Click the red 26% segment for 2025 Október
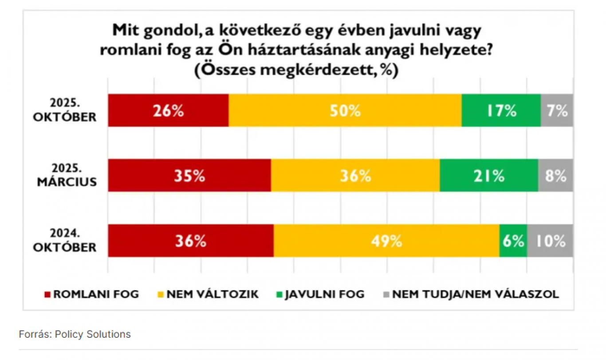click(169, 110)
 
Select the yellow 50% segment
click(345, 110)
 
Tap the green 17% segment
click(501, 110)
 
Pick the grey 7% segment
click(557, 110)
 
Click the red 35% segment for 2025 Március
click(189, 176)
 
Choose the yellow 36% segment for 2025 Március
click(355, 176)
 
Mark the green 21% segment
click(489, 176)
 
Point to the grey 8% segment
click(555, 176)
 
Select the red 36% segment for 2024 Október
click(191, 241)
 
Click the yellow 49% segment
click(386, 241)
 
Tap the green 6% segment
click(513, 241)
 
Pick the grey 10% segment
click(550, 241)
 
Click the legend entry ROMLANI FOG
click(92, 294)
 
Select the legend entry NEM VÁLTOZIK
click(209, 294)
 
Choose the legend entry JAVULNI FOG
click(320, 294)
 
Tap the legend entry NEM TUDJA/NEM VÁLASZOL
click(471, 294)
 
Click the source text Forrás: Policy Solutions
click(75, 334)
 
